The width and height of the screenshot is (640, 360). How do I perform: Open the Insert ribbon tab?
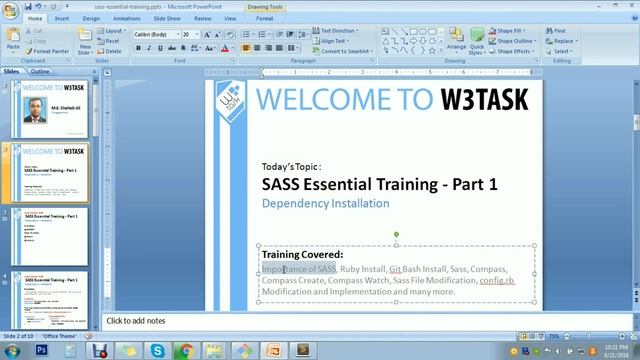click(62, 18)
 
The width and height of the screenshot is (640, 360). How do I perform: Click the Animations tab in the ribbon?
click(126, 18)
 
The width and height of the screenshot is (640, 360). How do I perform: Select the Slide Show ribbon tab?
click(166, 18)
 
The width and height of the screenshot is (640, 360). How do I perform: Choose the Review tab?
click(203, 18)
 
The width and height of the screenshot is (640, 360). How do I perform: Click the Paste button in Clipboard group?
click(13, 38)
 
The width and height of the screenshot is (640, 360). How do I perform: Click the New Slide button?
click(85, 41)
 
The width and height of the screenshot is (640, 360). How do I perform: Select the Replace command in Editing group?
click(563, 41)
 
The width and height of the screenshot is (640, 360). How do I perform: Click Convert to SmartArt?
click(345, 51)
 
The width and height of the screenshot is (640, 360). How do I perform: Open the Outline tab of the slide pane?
click(40, 72)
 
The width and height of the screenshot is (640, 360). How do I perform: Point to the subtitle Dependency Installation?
click(325, 204)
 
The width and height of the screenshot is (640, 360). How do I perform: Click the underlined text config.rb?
click(496, 281)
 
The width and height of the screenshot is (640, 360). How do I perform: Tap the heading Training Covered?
click(302, 255)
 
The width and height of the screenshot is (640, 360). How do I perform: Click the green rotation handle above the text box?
click(396, 234)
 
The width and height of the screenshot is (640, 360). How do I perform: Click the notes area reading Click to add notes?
click(136, 321)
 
